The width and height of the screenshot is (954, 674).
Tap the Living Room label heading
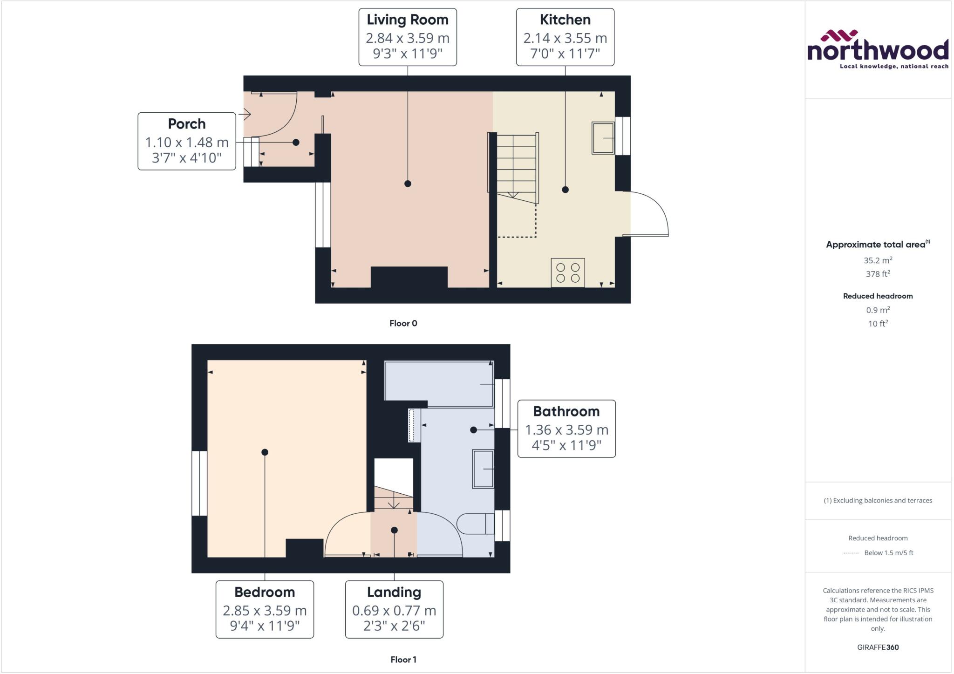[x=407, y=20]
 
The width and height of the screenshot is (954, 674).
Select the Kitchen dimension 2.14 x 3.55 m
[x=565, y=38]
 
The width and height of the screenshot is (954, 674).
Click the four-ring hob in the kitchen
[x=567, y=272]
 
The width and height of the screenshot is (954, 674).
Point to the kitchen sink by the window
[x=603, y=138]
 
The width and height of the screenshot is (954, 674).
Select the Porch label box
[x=187, y=141]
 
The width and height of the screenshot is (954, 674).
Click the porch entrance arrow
[x=245, y=114]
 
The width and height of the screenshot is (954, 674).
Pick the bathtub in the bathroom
[x=438, y=383]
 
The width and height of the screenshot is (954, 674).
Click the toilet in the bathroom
[x=475, y=524]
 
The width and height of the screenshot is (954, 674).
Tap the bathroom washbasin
[x=483, y=469]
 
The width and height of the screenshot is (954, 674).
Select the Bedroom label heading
[x=264, y=592]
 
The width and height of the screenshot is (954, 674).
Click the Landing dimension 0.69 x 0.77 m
[x=394, y=610]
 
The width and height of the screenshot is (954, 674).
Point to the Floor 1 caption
[x=403, y=660]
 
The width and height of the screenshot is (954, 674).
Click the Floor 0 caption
[x=403, y=323]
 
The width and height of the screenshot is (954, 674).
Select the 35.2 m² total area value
[x=878, y=260]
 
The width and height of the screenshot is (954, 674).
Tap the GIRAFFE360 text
[x=878, y=647]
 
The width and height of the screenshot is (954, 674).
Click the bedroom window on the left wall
[x=199, y=483]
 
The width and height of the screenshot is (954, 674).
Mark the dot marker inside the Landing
[x=394, y=530]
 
